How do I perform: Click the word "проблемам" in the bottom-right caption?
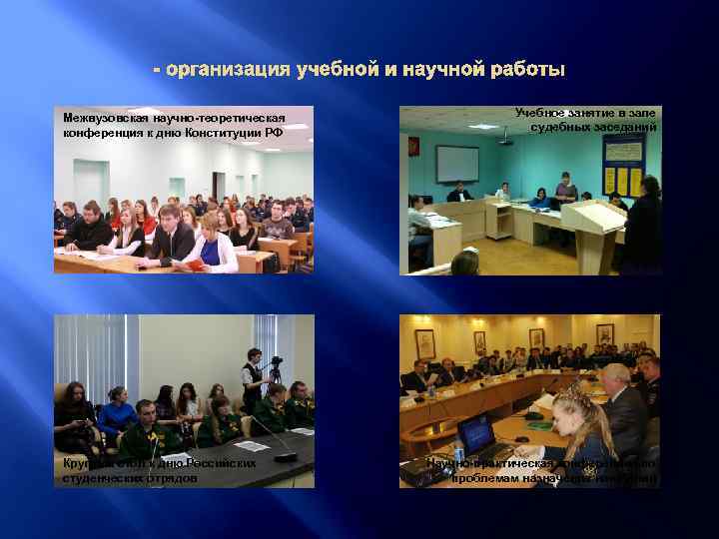488,478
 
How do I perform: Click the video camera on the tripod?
276,366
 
